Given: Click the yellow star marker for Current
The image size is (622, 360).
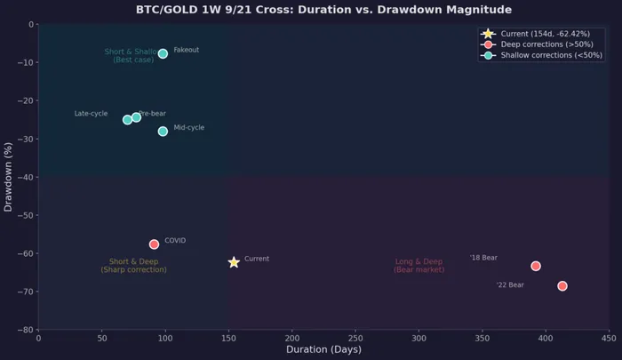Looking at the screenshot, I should click(x=234, y=262).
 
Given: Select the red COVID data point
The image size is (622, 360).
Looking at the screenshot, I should click(x=154, y=244).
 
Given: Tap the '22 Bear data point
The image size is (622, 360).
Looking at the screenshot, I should click(x=562, y=286).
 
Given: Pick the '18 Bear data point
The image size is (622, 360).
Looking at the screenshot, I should click(x=536, y=266).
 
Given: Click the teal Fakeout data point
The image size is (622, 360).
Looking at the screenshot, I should click(x=163, y=53).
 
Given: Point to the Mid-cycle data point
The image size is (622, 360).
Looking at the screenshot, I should click(x=163, y=132).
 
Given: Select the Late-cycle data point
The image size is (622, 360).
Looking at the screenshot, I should click(x=127, y=120).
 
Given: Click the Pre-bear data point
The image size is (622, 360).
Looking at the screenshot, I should click(x=136, y=117).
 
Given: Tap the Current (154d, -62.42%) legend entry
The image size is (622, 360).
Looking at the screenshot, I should click(x=545, y=34).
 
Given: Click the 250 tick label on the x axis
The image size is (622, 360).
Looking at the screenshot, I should click(x=355, y=339).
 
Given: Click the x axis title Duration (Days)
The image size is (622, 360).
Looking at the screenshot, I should click(x=323, y=350).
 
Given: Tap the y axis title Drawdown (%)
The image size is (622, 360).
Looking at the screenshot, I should click(x=9, y=177).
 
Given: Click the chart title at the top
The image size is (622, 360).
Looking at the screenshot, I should click(x=323, y=10).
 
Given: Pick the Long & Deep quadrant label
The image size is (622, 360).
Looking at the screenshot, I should click(x=419, y=266).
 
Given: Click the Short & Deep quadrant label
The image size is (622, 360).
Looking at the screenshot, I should click(x=133, y=266).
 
